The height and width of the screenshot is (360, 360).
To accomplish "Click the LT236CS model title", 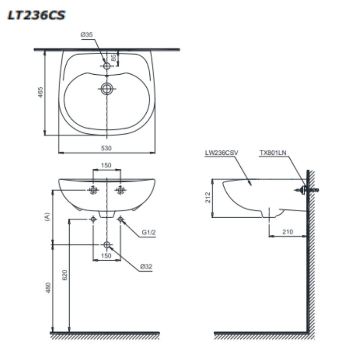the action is point(36,15).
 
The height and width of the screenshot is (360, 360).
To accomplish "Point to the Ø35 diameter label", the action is point(86,35).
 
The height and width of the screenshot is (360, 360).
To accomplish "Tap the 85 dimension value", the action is point(113,58).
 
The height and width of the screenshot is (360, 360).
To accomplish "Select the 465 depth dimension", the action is point(40,92).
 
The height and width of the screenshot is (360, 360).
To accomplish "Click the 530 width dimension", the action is point(106,148).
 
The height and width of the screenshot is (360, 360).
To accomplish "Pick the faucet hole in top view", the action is point(107,66).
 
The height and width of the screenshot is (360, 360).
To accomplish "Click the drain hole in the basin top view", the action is point(107,89).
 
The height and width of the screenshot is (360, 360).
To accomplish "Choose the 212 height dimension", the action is point(208,198).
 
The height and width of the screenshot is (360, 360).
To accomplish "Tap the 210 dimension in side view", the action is point(288,232).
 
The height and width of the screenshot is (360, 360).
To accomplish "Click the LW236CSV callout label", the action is point(221,153).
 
